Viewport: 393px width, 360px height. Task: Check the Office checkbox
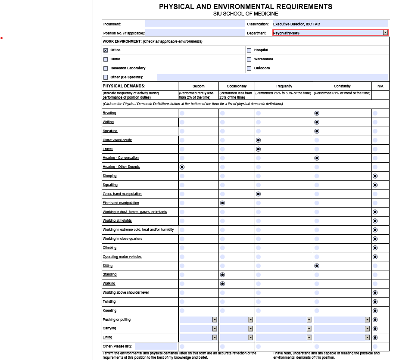pyautogui.click(x=106, y=50)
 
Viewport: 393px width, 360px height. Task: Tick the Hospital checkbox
pyautogui.click(x=249, y=50)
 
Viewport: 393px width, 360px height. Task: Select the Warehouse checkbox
pyautogui.click(x=249, y=59)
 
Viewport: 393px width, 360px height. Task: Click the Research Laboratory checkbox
pyautogui.click(x=106, y=68)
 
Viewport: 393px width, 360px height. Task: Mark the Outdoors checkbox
pyautogui.click(x=249, y=68)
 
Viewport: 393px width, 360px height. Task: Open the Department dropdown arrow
pyautogui.click(x=385, y=33)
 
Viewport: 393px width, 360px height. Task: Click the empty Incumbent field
pyautogui.click(x=195, y=24)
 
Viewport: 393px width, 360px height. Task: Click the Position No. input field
pyautogui.click(x=195, y=33)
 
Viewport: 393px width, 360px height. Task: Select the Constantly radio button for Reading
pyautogui.click(x=317, y=113)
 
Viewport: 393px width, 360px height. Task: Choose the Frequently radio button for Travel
pyautogui.click(x=259, y=149)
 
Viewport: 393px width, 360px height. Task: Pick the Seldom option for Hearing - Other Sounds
pyautogui.click(x=182, y=167)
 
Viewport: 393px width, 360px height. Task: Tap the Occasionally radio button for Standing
pyautogui.click(x=222, y=275)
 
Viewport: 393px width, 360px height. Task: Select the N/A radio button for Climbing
pyautogui.click(x=375, y=248)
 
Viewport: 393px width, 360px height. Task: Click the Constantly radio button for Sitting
pyautogui.click(x=317, y=266)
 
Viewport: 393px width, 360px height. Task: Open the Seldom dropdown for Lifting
pyautogui.click(x=215, y=338)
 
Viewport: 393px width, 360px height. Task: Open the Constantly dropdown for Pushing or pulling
pyautogui.click(x=367, y=320)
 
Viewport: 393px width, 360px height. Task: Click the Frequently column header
pyautogui.click(x=284, y=86)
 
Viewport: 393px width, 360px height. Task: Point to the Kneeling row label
pyautogui.click(x=109, y=310)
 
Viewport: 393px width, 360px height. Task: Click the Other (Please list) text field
pyautogui.click(x=156, y=346)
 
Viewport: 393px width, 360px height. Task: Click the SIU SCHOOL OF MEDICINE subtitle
pyautogui.click(x=246, y=14)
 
